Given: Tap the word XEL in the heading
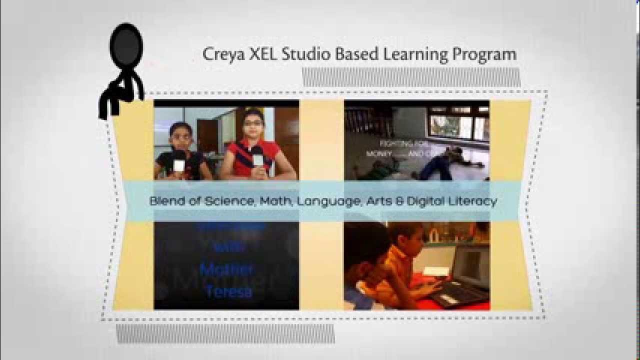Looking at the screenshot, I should point(261,54).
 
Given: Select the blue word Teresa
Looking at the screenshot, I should point(228,291).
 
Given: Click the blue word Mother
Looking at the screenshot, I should point(226,270).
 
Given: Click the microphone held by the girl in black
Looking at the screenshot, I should point(178,163).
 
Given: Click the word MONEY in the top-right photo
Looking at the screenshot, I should point(379,154).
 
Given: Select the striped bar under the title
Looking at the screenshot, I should point(411,77).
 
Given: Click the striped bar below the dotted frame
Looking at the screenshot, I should point(225,333).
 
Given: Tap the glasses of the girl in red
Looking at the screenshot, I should point(253,123).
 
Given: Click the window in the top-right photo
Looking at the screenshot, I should point(457,125).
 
